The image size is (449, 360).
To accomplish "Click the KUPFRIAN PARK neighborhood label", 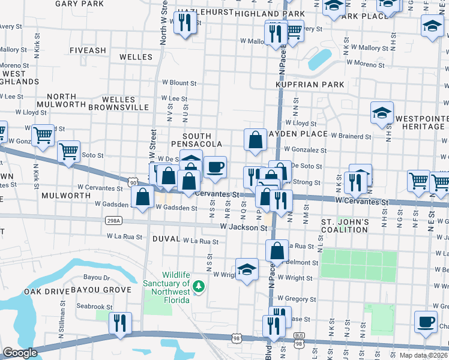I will (x=310, y=85).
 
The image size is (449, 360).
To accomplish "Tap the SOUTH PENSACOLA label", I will (x=197, y=140).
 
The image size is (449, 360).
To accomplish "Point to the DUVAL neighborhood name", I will (x=166, y=239).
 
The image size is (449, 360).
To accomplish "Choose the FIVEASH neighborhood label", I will (x=88, y=50).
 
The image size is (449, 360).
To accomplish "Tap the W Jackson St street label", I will (x=243, y=228).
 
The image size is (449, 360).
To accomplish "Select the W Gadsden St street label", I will (x=176, y=208).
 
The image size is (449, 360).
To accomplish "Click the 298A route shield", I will (x=113, y=221).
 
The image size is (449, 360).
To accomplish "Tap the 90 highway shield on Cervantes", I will (x=131, y=181).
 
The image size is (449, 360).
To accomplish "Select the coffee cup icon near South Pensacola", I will (x=215, y=167).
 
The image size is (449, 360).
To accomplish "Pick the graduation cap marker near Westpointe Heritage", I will (x=382, y=113).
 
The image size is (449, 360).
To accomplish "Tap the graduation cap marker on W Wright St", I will (x=246, y=269).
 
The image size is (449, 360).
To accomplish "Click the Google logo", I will (x=20, y=353).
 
